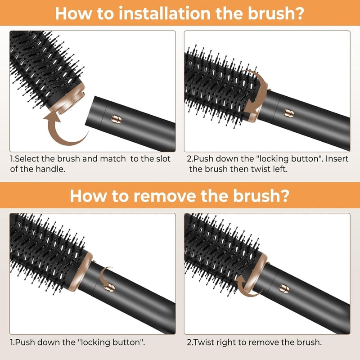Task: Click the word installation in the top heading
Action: pos(165,13)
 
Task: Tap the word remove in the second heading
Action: pos(165,196)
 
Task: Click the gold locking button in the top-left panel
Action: pos(117,119)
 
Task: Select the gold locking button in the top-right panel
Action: pos(289,113)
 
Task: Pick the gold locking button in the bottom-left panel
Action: pos(109,287)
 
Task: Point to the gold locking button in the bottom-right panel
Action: pos(284,288)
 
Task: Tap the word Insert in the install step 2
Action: pos(337,159)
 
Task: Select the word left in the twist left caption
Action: pos(280,169)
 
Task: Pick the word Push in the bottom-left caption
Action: pos(25,342)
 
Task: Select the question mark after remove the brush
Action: pos(284,196)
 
